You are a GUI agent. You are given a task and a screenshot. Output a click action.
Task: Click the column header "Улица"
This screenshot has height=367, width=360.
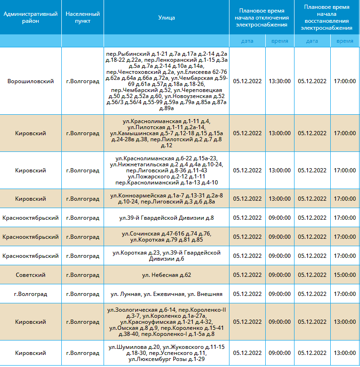coord(166,18)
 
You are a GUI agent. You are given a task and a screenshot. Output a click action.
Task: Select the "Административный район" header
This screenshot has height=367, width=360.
coord(31,17)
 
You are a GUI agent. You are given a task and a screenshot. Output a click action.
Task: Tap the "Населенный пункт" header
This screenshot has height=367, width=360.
coord(83,17)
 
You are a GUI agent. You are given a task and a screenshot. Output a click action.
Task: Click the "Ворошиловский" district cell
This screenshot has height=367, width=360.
coord(31,81)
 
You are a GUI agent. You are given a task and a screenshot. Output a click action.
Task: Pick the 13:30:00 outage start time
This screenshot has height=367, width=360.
coord(280,81)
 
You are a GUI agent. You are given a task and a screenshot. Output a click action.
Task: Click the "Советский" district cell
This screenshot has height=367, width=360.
coord(31,275)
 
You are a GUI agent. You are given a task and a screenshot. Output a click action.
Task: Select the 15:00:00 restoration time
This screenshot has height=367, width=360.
coord(345,275)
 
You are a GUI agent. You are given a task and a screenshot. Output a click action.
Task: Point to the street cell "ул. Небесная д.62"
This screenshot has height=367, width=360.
coord(166,275)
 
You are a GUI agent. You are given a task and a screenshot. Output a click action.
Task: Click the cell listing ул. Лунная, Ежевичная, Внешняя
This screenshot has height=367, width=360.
coord(166,294)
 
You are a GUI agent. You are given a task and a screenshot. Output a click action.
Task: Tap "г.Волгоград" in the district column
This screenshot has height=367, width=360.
coord(31,294)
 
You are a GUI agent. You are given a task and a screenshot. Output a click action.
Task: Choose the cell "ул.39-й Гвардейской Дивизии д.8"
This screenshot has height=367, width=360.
coord(166,218)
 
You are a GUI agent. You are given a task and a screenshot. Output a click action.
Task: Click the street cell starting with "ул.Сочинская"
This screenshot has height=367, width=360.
coord(166,236)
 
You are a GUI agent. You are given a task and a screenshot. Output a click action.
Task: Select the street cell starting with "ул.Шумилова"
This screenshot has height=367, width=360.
coord(166,353)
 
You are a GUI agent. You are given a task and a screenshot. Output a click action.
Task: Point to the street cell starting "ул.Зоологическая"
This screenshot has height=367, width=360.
coord(166,322)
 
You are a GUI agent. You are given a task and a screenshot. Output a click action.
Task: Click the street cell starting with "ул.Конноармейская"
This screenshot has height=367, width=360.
coord(166,198)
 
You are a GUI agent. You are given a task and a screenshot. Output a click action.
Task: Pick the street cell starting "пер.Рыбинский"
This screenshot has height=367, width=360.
coord(166,81)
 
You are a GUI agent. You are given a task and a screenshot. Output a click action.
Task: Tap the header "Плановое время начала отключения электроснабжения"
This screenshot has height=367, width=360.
coord(262,18)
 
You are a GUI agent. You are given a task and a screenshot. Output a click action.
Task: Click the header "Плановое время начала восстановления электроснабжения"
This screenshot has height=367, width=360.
coord(327,17)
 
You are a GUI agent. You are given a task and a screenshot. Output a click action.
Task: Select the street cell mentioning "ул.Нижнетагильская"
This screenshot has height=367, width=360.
coord(166,170)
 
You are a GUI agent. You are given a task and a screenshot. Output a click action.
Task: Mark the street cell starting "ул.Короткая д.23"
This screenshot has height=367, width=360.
coord(166,256)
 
